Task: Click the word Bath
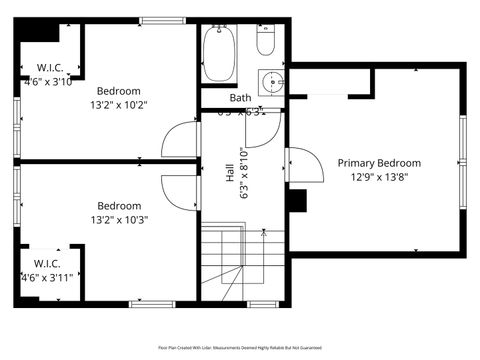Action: (x=240, y=98)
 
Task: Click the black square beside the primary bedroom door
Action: (x=295, y=200)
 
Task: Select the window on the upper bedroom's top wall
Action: (x=155, y=20)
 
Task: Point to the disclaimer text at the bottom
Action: (x=240, y=348)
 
